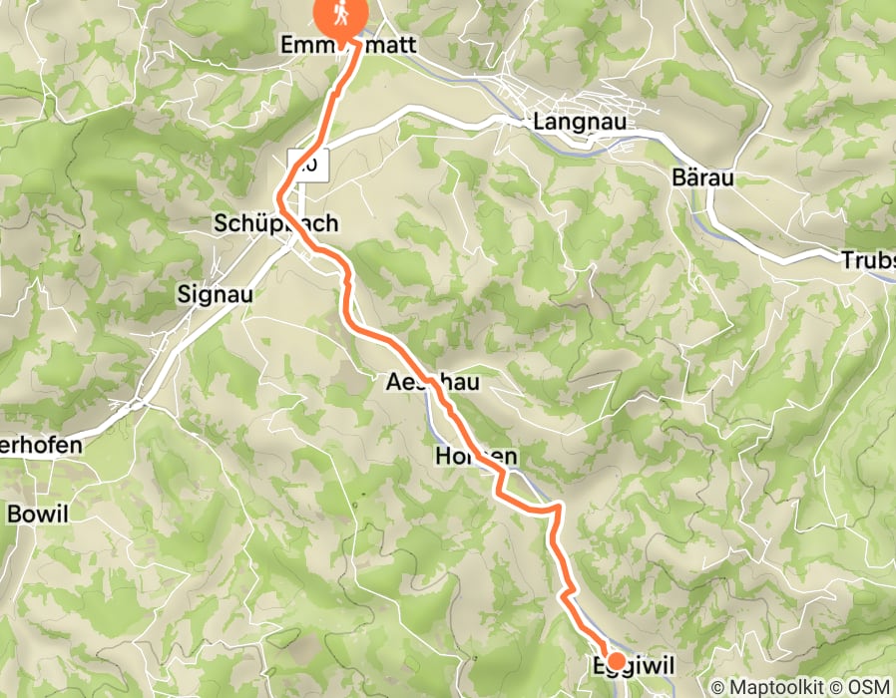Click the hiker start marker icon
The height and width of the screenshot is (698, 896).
coord(341,15)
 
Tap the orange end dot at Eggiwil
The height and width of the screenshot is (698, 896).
coord(617,660)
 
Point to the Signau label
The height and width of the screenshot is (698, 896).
coord(216,294)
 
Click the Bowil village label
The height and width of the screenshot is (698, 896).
coord(38,515)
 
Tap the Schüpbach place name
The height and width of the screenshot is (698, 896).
coord(275,224)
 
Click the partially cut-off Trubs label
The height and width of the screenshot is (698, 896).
coord(867,260)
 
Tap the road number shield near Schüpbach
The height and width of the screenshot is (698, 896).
coord(307,163)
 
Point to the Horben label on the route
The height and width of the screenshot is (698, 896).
coord(476,457)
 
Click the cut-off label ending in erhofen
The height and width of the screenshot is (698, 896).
coord(41,446)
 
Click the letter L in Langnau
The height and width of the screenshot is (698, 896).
coord(540,123)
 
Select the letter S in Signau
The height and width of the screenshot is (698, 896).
coord(183,294)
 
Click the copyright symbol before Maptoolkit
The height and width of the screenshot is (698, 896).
coord(717,687)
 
